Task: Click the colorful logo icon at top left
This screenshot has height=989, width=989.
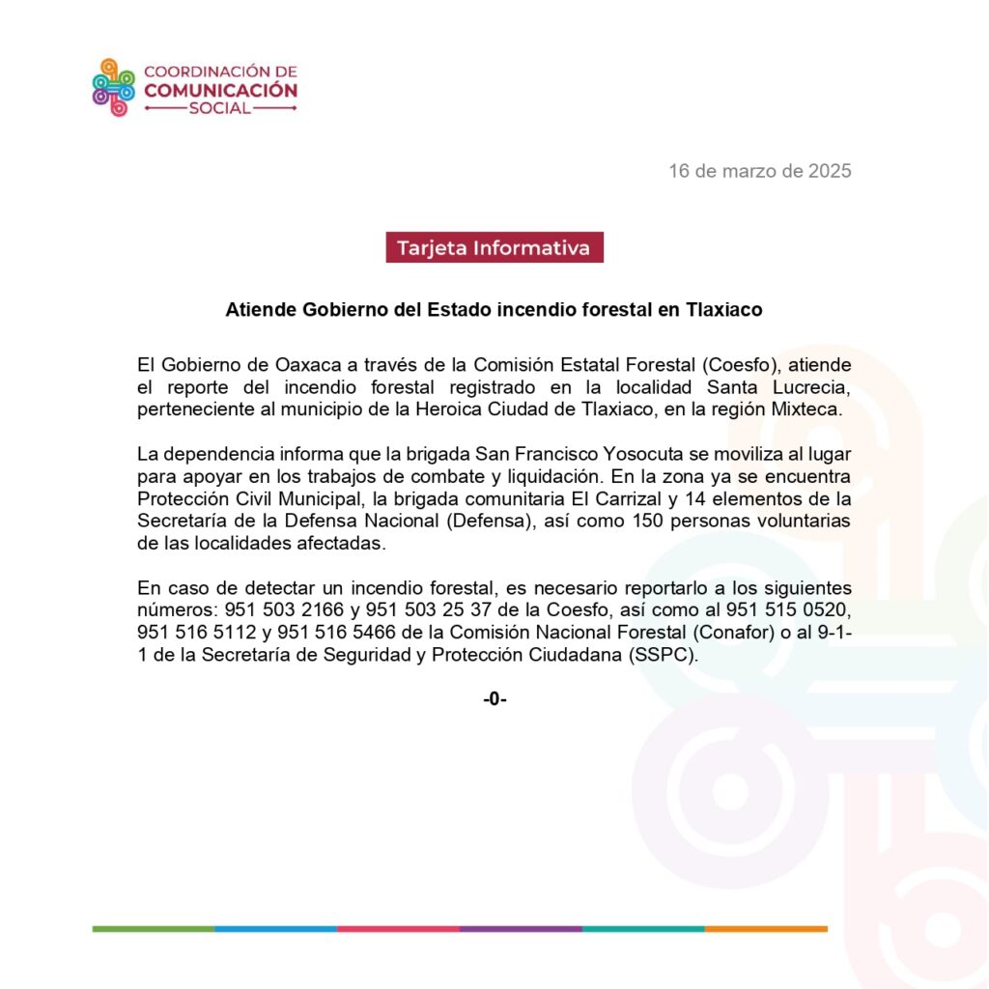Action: pos(113,88)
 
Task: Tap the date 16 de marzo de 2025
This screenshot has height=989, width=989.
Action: pos(760,171)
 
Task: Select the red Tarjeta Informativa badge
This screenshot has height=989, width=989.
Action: pos(494,247)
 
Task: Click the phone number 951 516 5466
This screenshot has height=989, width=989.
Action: pos(336,633)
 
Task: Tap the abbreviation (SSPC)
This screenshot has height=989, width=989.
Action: pos(662,655)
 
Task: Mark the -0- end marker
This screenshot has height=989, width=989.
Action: pos(494,699)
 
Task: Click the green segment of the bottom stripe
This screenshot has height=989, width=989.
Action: pos(154,929)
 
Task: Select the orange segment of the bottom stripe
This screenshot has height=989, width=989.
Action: pos(766,929)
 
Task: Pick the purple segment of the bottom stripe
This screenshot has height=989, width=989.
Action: pos(521,929)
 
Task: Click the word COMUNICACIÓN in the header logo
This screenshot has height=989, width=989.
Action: pos(220,90)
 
